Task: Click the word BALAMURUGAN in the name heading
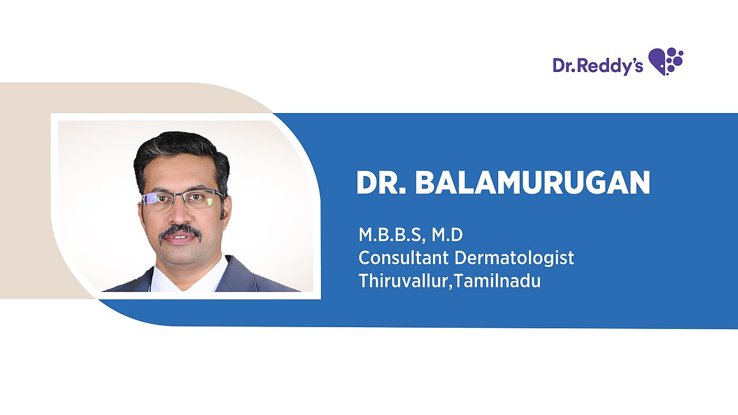pos(533,183)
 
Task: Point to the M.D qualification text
pos(447,235)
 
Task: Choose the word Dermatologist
pos(514,258)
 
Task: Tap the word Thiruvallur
pos(403,281)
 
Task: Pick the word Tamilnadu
pos(497,281)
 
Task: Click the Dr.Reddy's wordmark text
pos(598,65)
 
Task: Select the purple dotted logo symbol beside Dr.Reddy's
pos(665,61)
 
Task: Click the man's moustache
pos(180,231)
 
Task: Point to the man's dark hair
pos(181,155)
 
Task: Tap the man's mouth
pos(181,238)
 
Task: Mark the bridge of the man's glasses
pos(181,197)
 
